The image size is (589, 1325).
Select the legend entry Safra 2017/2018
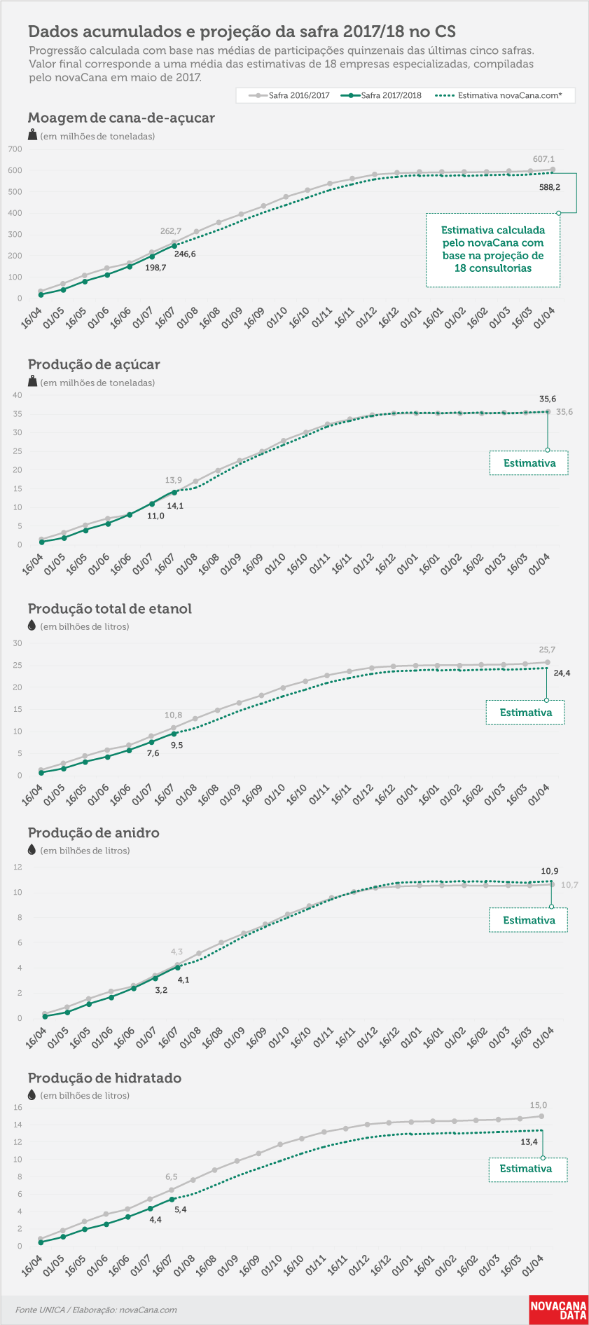click(382, 95)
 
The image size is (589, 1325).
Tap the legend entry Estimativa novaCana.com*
click(499, 95)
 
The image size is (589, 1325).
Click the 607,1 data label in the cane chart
click(543, 159)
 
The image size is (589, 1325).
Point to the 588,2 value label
click(549, 187)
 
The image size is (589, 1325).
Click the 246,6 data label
click(185, 254)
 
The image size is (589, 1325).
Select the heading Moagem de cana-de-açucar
click(121, 118)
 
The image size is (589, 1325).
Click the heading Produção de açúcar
click(94, 364)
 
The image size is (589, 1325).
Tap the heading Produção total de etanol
click(109, 609)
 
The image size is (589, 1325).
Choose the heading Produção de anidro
click(93, 832)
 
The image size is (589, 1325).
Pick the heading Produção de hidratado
click(104, 1078)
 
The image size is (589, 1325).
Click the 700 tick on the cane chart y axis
click(15, 149)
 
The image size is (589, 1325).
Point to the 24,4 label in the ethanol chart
click(562, 673)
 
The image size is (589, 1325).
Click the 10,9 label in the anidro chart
click(550, 871)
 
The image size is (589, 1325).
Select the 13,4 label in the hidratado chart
click(529, 1141)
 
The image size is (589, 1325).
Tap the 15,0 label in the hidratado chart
click(539, 1105)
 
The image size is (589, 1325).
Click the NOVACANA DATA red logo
click(558, 1310)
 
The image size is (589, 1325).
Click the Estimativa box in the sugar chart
click(529, 463)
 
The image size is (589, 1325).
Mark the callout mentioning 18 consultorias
click(493, 249)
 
